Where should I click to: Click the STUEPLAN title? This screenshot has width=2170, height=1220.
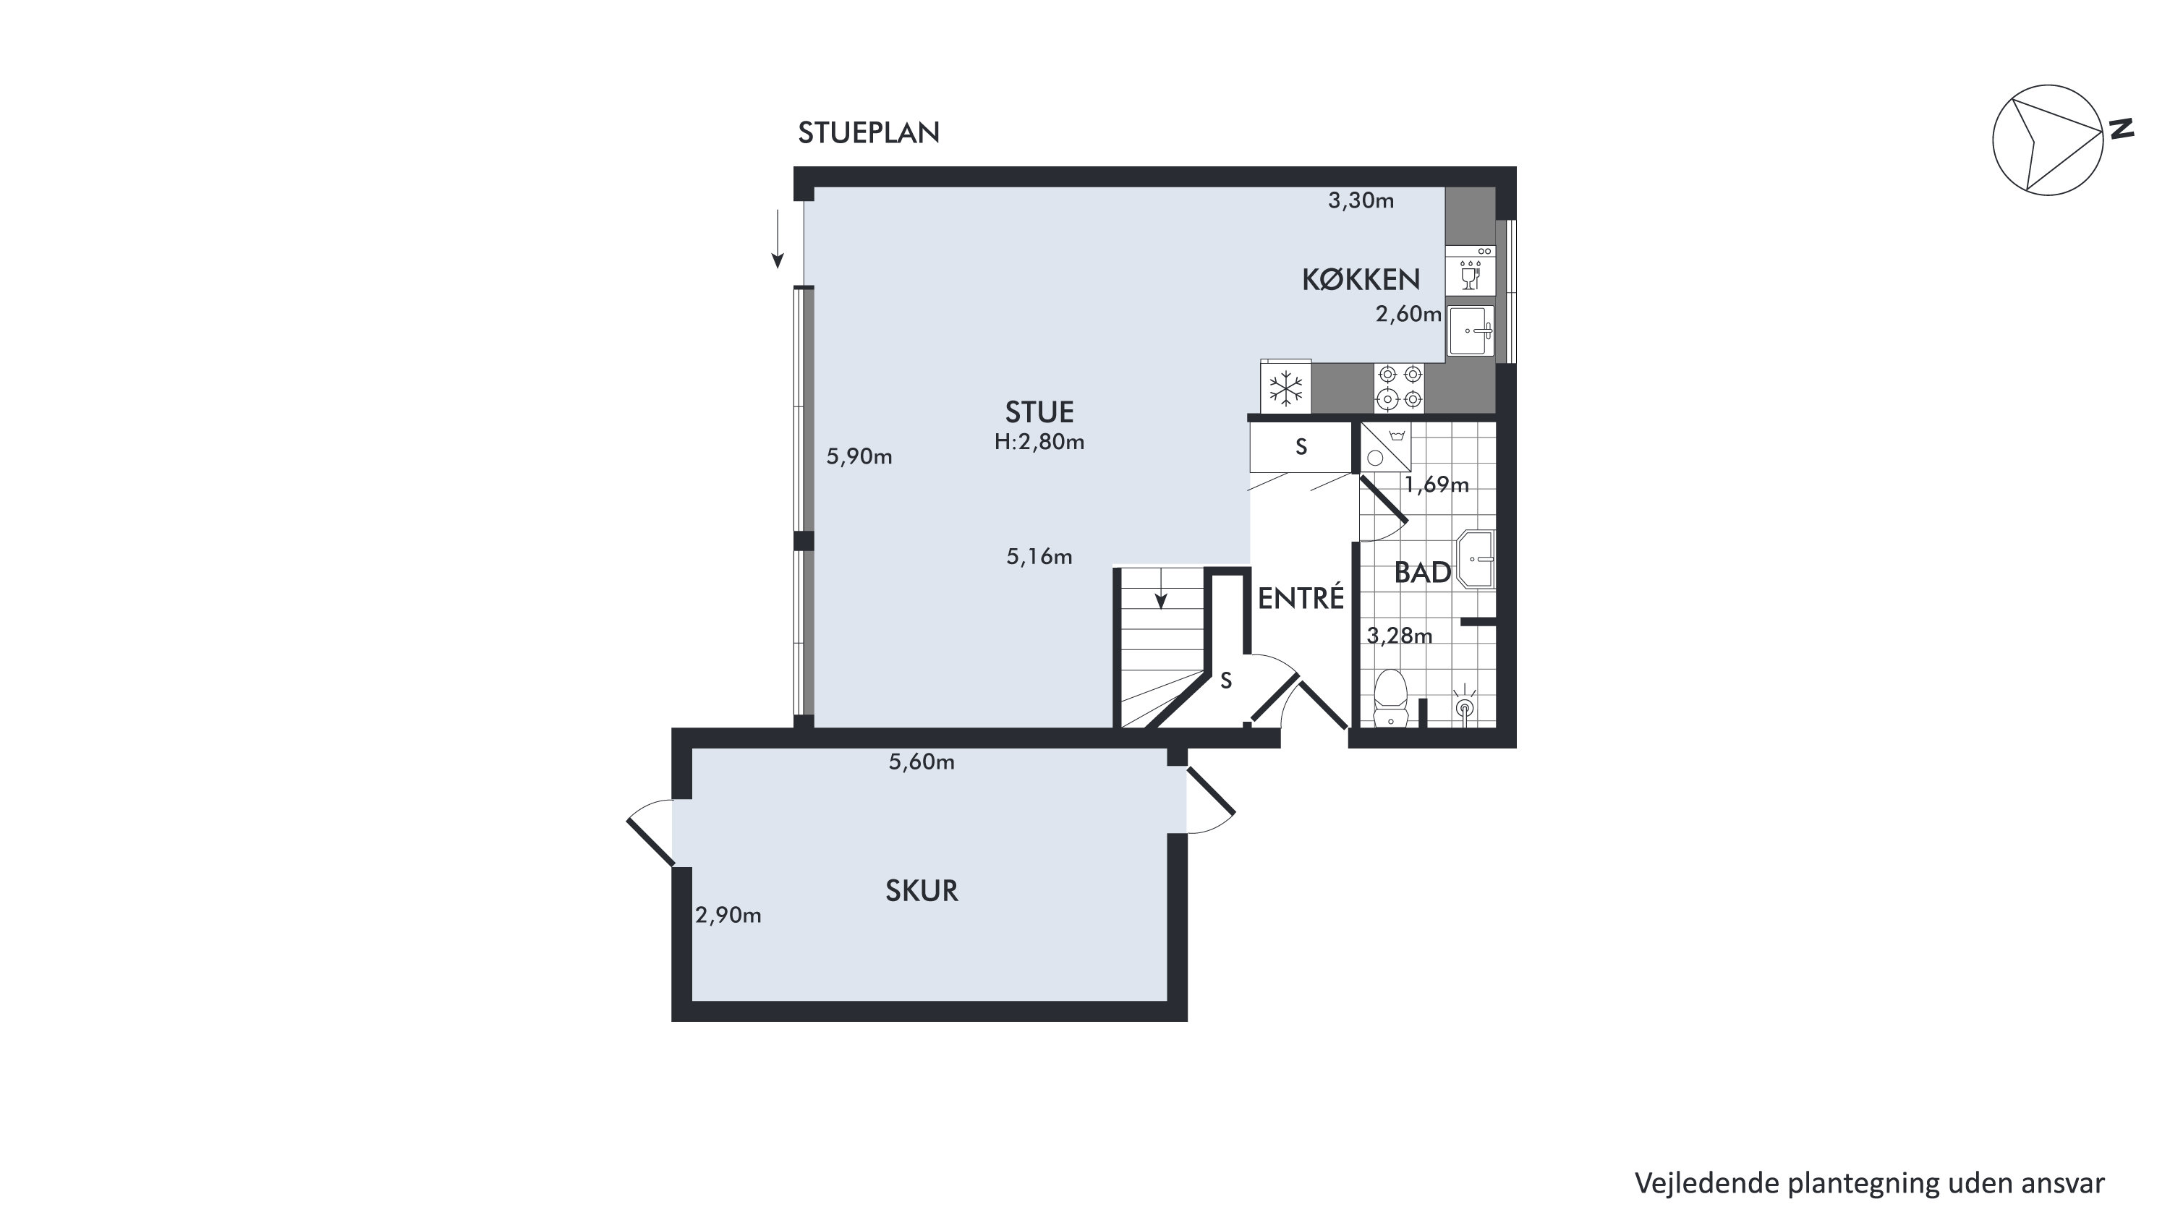click(x=869, y=133)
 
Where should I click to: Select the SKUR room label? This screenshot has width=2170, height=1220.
click(x=922, y=891)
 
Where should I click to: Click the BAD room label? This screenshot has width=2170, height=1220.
click(x=1422, y=573)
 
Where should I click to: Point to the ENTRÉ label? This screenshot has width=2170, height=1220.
click(x=1301, y=598)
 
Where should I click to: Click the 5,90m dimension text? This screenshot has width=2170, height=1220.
click(x=859, y=456)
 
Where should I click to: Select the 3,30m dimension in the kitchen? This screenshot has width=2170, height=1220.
click(x=1361, y=200)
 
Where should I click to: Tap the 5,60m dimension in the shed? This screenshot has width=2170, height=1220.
click(x=922, y=762)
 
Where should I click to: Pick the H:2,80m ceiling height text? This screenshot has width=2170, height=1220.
click(x=1039, y=442)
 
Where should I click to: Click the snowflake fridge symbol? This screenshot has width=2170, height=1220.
click(x=1285, y=388)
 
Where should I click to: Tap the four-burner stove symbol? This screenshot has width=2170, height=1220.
click(x=1399, y=388)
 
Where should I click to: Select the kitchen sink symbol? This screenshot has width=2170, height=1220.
click(x=1471, y=331)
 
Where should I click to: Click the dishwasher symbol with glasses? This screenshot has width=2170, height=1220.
click(x=1470, y=270)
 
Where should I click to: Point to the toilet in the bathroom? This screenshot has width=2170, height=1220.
click(x=1390, y=698)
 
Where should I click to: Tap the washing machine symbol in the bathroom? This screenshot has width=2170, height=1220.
click(x=1386, y=447)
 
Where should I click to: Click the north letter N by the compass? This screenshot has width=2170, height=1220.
click(x=2121, y=129)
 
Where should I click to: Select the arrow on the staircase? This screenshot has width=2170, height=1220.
click(x=1161, y=588)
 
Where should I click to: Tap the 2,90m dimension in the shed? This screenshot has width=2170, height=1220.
click(x=728, y=916)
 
